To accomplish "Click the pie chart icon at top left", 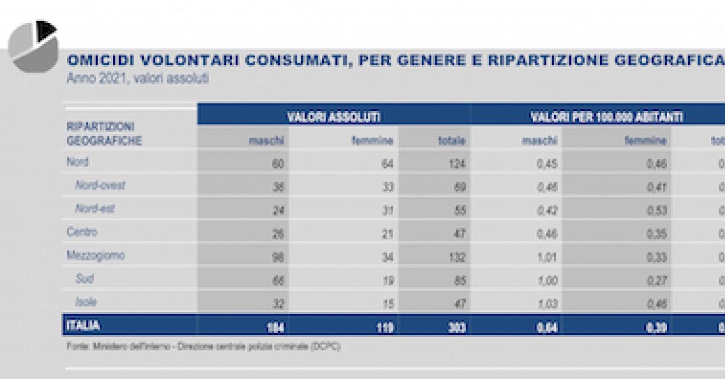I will [33, 45].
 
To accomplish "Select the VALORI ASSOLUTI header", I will [333, 117].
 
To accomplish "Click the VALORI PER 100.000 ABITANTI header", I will [607, 117].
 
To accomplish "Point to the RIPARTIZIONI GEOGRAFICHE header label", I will [105, 133].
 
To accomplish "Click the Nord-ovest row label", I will [100, 185].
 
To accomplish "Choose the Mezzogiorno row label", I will [96, 255].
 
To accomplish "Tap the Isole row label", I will [86, 302].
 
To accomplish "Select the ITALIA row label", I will [84, 326].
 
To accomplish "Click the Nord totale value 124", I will [457, 163].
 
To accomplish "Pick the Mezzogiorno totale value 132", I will [457, 256].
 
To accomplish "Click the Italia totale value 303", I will [456, 328].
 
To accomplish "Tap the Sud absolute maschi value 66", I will [277, 280].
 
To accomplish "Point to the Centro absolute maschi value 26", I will [277, 233].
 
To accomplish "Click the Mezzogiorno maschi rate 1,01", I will [547, 256].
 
